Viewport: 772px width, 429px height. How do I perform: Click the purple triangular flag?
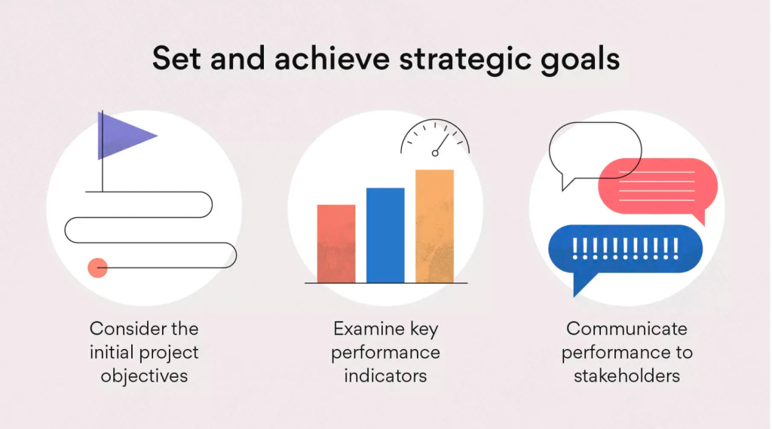[x=123, y=136]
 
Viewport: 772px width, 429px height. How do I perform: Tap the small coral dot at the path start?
[x=97, y=268]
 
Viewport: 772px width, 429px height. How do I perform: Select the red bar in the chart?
[x=336, y=244]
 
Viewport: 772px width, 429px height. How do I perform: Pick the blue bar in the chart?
[x=385, y=235]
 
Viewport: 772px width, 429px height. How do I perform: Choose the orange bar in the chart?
[x=435, y=227]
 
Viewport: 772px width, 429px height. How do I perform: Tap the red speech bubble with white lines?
[x=657, y=187]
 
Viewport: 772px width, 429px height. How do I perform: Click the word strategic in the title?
[x=465, y=59]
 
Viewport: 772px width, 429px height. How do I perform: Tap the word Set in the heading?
[x=176, y=59]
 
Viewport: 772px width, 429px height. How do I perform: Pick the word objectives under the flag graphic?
[x=144, y=375]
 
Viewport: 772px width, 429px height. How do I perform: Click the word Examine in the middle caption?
[x=367, y=329]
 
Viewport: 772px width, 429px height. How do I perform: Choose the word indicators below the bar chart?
[x=385, y=375]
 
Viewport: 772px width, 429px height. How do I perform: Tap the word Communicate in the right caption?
[x=626, y=329]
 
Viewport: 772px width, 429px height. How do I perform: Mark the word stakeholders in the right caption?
[x=626, y=375]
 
